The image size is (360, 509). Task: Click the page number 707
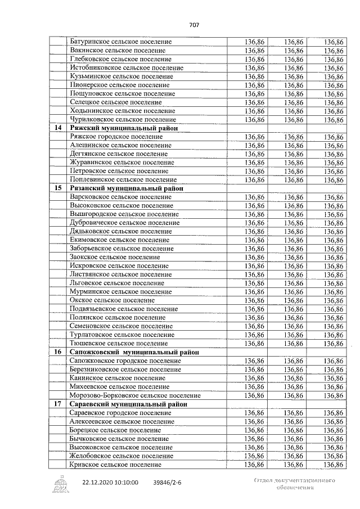point(195,25)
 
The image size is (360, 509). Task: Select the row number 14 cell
point(57,128)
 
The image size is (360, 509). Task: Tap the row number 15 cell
point(57,188)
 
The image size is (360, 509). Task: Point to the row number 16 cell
point(57,352)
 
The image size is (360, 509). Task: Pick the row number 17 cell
point(57,404)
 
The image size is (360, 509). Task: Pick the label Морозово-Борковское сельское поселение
point(135,395)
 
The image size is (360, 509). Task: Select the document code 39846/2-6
point(172,483)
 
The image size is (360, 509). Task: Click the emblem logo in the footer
point(59,484)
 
